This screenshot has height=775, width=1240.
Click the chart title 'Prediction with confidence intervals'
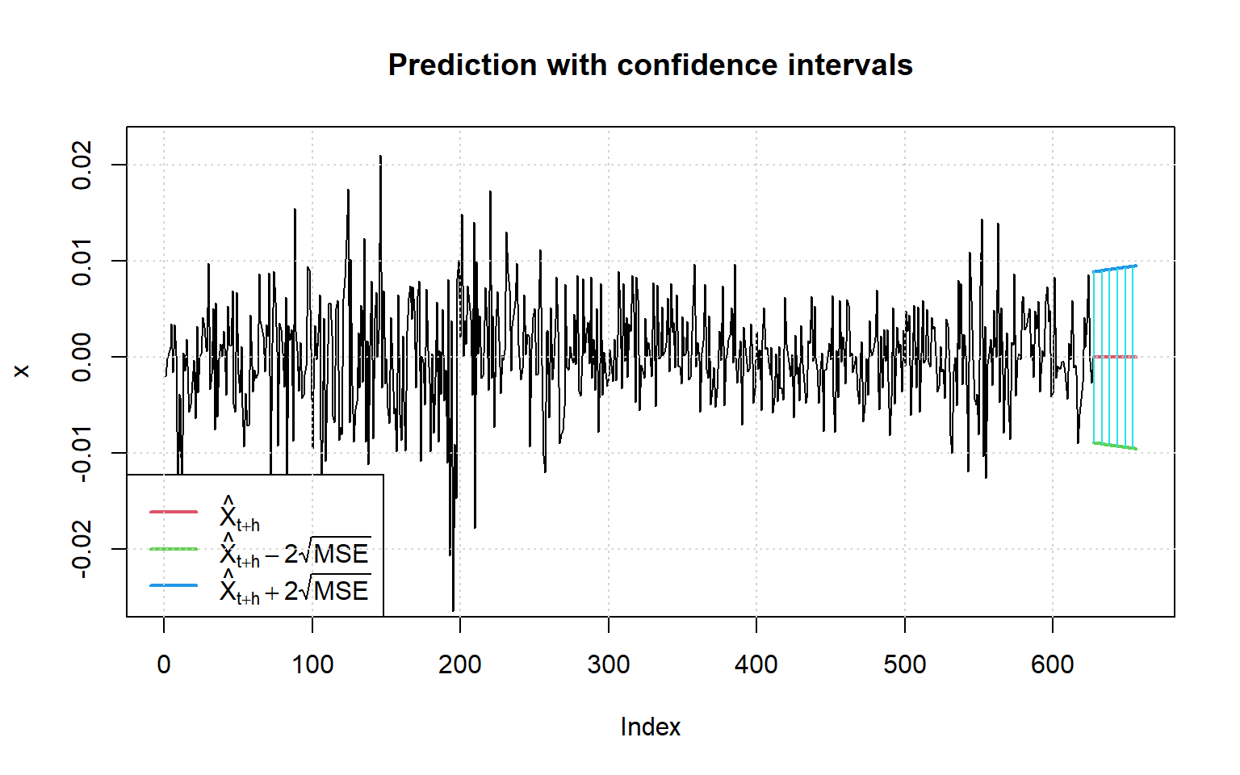coord(650,65)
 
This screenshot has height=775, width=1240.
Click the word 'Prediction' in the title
coord(463,65)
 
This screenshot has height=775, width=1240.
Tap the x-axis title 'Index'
coord(650,727)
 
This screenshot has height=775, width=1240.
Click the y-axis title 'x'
coord(22,371)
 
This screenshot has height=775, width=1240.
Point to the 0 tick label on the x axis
coord(164,664)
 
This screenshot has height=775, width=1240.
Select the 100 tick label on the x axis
coord(312,664)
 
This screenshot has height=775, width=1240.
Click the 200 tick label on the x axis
coord(460,664)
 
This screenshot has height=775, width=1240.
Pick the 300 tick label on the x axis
coord(609,664)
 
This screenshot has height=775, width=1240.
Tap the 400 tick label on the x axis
coord(756,664)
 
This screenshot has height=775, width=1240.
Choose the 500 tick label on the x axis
coord(905,664)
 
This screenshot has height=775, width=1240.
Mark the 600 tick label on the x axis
coord(1053,664)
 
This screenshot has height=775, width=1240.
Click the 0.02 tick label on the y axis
coord(82,165)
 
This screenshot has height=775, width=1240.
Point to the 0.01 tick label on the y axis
coord(82,261)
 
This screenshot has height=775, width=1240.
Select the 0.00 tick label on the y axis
coord(82,357)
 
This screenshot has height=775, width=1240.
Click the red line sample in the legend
coord(174,512)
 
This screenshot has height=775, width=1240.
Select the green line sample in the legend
coord(174,549)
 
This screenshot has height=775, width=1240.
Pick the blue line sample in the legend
coord(174,585)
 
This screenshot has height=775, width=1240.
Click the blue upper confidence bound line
coord(1115,269)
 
